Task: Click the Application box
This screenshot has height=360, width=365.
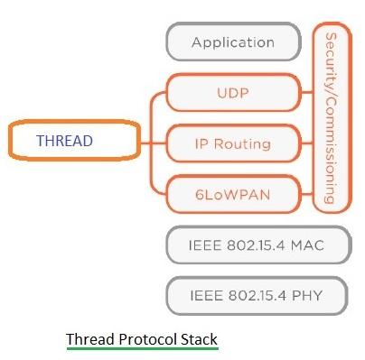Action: coord(232,42)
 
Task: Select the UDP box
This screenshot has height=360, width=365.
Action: coord(232,93)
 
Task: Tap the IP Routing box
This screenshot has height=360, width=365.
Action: coord(232,143)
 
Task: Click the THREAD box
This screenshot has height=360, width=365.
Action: coord(72,142)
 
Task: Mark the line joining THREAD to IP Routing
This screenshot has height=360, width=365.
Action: coord(152,142)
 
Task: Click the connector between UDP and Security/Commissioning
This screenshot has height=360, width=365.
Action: coord(307,93)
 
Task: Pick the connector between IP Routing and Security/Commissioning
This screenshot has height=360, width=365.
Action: coord(307,143)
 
